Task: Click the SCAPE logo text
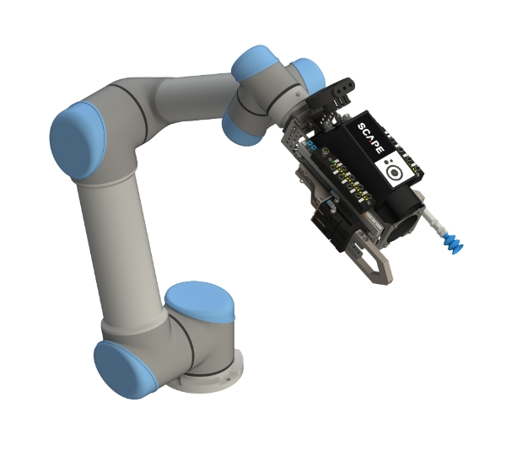[x=371, y=137]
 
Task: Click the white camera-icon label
[x=393, y=170]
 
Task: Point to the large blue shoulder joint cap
[x=78, y=140]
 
